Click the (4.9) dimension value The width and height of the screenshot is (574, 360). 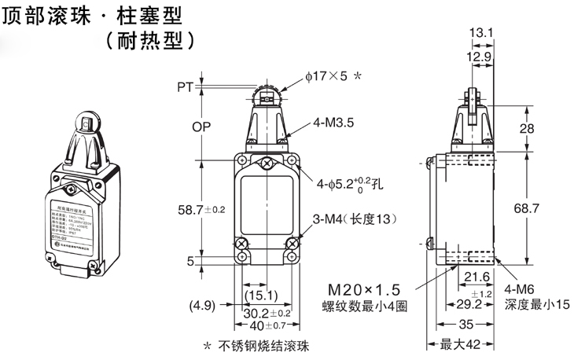[203, 305]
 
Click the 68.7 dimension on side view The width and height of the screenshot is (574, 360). [535, 208]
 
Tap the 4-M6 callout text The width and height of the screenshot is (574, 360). [522, 288]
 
